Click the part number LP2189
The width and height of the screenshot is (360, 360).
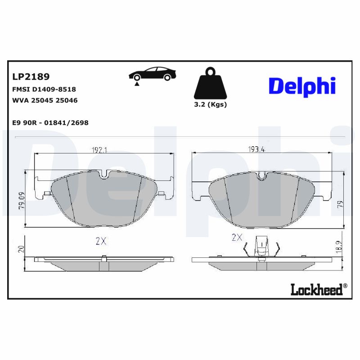click(x=31, y=76)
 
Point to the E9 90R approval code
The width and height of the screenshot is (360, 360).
click(x=49, y=122)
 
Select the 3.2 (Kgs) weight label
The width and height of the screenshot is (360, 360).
click(x=210, y=104)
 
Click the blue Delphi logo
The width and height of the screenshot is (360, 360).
click(x=302, y=85)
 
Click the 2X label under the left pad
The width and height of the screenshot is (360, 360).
click(x=101, y=241)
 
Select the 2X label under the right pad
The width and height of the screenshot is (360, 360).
click(x=237, y=238)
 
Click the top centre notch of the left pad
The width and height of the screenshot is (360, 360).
click(x=104, y=175)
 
